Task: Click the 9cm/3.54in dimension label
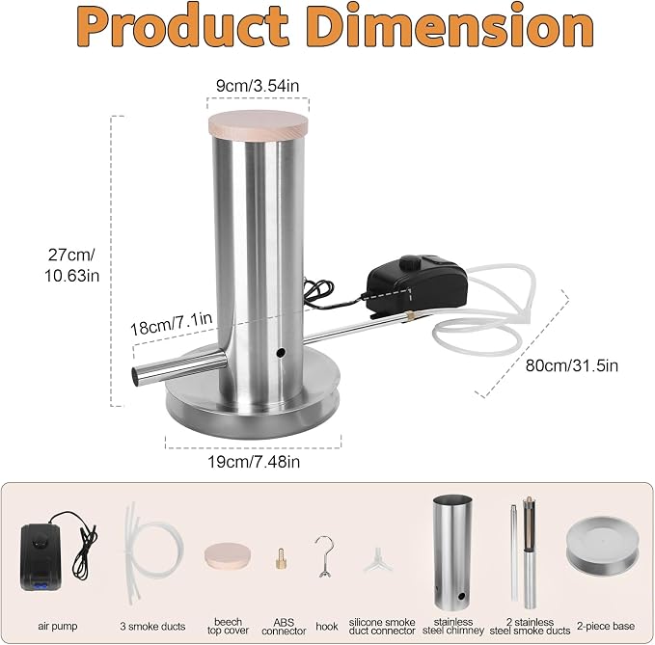point(258,86)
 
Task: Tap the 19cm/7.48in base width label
point(254,462)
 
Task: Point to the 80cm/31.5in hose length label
point(571,365)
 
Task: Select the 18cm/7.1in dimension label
point(172,324)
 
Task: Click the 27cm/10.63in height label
point(71,265)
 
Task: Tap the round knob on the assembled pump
point(410,263)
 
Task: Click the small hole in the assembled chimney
point(281,353)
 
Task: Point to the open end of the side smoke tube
point(136,376)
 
